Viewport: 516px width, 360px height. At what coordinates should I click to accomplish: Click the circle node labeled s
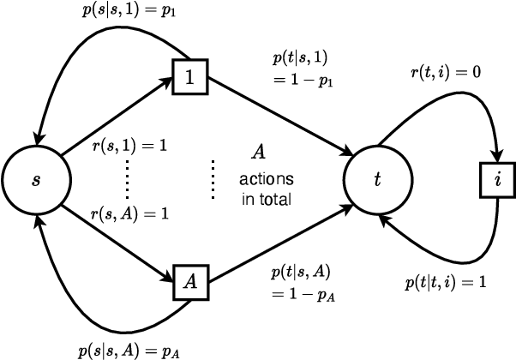pyautogui.click(x=35, y=181)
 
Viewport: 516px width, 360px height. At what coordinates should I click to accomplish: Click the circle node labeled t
pyautogui.click(x=378, y=181)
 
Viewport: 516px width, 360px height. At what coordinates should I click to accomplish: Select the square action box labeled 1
pyautogui.click(x=189, y=77)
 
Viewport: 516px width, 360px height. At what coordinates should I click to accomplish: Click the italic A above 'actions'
pyautogui.click(x=256, y=153)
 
